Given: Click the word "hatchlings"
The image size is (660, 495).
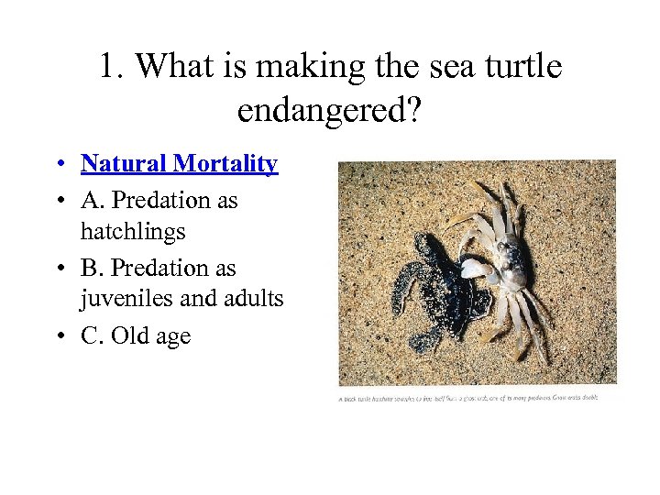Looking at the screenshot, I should (133, 232).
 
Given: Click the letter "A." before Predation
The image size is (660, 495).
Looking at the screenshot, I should (93, 200).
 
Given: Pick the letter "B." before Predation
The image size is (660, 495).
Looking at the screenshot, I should (92, 269).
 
